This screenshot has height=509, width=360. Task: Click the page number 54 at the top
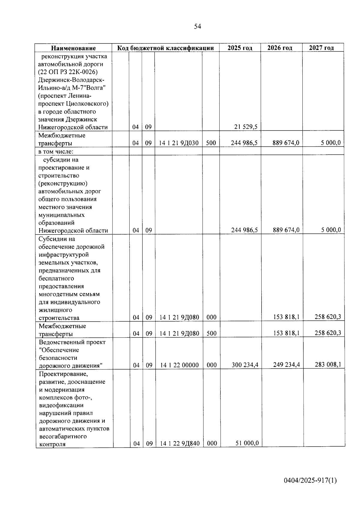[x=197, y=27]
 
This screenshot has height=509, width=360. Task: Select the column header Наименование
[x=73, y=48]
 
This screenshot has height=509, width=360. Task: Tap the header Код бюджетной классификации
[x=165, y=48]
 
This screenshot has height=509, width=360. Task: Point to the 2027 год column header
[x=321, y=48]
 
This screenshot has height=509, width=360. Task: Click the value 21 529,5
[x=246, y=127]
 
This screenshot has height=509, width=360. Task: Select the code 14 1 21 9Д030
[x=178, y=143]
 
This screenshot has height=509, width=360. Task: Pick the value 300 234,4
[x=245, y=365]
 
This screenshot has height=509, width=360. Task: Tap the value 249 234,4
[x=286, y=365]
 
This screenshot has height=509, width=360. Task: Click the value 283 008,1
[x=328, y=365]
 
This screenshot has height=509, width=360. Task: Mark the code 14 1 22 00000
[x=179, y=365]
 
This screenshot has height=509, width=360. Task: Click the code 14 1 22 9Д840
[x=180, y=444]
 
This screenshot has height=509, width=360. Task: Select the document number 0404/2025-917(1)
[x=310, y=481]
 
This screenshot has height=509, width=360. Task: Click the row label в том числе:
[x=56, y=151]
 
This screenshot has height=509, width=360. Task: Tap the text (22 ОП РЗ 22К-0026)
[x=68, y=72]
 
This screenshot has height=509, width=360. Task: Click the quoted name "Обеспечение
[x=59, y=350]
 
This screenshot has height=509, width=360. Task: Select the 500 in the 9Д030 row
[x=211, y=143]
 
